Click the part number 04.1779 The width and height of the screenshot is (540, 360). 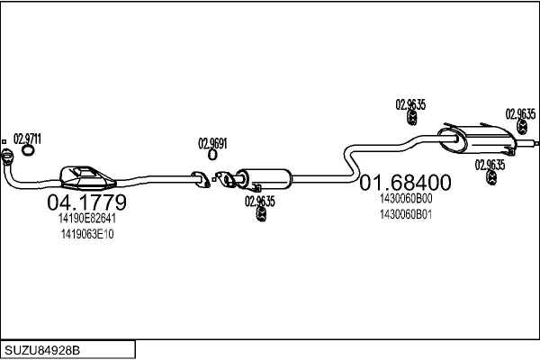tap(86, 202)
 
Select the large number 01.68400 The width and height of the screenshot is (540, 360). tap(405, 182)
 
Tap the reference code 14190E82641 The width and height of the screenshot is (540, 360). tap(86, 219)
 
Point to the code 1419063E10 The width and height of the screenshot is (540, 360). tap(87, 234)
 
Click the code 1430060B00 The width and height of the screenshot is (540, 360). tap(406, 199)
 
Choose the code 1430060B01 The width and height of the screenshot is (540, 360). tap(406, 214)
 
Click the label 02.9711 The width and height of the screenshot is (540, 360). tap(27, 139)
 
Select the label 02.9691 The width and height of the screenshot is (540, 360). tap(212, 144)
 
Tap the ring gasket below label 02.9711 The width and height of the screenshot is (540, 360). tap(28, 150)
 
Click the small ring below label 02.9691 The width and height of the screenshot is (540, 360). tap(212, 155)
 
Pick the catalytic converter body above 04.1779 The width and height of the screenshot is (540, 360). tap(87, 178)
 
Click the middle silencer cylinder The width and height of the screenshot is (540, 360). tap(265, 179)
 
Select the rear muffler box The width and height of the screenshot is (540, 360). tap(477, 139)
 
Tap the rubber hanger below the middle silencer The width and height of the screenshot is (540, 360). tap(262, 213)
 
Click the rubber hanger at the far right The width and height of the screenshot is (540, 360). tap(522, 127)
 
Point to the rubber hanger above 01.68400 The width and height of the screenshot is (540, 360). tap(411, 118)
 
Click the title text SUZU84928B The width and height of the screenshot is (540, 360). tap(42, 350)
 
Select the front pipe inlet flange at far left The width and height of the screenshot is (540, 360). tap(6, 156)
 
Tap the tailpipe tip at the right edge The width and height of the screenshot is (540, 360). tap(535, 142)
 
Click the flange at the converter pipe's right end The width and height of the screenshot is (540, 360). tap(202, 179)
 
